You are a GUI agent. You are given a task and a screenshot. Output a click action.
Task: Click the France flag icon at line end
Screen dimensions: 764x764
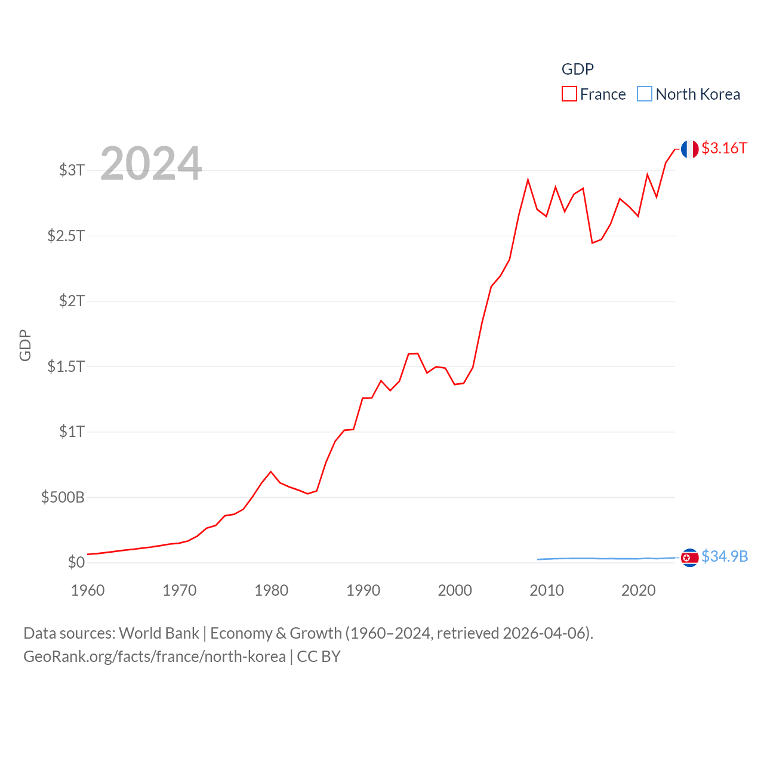pyautogui.click(x=689, y=149)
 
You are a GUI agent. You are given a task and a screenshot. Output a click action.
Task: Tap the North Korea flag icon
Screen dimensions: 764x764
pyautogui.click(x=689, y=557)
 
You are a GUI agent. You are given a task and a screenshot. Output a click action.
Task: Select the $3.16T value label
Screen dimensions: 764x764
pyautogui.click(x=724, y=148)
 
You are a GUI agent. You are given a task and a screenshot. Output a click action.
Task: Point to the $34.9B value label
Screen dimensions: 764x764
pyautogui.click(x=725, y=556)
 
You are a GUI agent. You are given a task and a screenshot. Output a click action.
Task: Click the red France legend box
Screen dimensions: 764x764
pyautogui.click(x=569, y=94)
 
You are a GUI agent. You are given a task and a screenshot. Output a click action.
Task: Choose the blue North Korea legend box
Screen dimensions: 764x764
pyautogui.click(x=645, y=94)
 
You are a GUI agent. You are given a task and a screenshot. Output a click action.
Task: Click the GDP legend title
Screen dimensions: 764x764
pyautogui.click(x=578, y=69)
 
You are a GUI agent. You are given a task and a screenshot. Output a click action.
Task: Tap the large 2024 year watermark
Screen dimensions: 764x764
pyautogui.click(x=151, y=164)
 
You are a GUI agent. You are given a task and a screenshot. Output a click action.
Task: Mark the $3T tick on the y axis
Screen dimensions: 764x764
pyautogui.click(x=72, y=170)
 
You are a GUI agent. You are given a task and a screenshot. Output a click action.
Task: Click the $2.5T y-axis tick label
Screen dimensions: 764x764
pyautogui.click(x=66, y=236)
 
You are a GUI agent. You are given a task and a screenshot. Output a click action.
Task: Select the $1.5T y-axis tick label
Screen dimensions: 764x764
pyautogui.click(x=66, y=366)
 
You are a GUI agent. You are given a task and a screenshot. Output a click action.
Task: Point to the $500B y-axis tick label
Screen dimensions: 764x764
pyautogui.click(x=63, y=497)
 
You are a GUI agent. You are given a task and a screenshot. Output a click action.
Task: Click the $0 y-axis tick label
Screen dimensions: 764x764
pyautogui.click(x=76, y=562)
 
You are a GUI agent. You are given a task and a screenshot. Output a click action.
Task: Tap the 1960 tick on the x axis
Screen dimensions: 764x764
pyautogui.click(x=88, y=590)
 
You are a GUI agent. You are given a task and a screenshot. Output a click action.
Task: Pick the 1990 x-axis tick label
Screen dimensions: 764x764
pyautogui.click(x=363, y=590)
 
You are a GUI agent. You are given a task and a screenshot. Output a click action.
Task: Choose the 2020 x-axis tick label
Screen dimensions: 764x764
pyautogui.click(x=638, y=590)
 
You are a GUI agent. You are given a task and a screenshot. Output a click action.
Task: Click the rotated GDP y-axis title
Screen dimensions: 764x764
pyautogui.click(x=25, y=345)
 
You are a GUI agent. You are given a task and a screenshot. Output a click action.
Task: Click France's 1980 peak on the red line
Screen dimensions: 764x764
pyautogui.click(x=271, y=472)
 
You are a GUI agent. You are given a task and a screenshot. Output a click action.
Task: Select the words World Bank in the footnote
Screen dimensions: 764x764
pyautogui.click(x=159, y=633)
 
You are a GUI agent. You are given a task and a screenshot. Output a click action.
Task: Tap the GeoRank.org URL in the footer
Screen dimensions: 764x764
pyautogui.click(x=155, y=657)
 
